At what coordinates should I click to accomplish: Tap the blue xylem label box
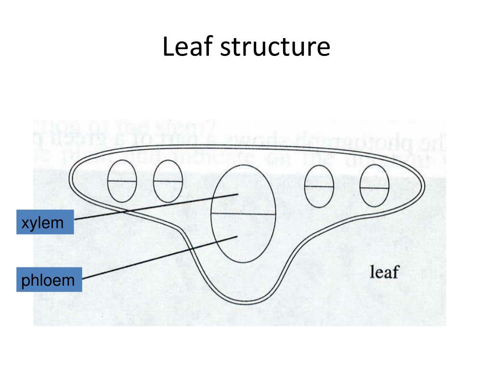click(x=45, y=222)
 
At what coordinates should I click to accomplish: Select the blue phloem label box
click(x=49, y=279)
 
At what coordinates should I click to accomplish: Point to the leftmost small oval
click(x=122, y=180)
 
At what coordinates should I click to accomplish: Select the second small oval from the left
click(x=168, y=180)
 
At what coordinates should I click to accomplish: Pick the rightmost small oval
click(x=374, y=186)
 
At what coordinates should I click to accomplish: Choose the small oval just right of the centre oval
click(x=319, y=186)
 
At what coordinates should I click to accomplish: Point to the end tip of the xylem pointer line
click(x=238, y=194)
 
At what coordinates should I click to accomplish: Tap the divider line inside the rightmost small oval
click(x=374, y=187)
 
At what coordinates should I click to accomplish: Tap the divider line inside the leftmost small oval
click(x=122, y=181)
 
